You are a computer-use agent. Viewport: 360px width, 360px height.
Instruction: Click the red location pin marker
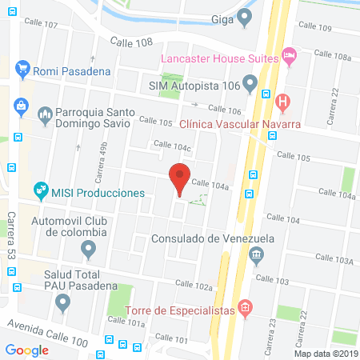pyautogui.click(x=180, y=178)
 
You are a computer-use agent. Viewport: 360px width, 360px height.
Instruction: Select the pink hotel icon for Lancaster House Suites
pyautogui.click(x=290, y=57)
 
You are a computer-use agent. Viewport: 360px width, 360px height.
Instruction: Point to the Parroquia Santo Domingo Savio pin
pyautogui.click(x=45, y=114)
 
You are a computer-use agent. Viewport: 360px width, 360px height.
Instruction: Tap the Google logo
pyautogui.click(x=27, y=350)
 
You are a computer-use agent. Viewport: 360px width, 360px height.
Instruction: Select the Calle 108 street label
pyautogui.click(x=130, y=41)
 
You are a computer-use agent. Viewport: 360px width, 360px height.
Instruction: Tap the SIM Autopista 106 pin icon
pyautogui.click(x=250, y=83)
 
